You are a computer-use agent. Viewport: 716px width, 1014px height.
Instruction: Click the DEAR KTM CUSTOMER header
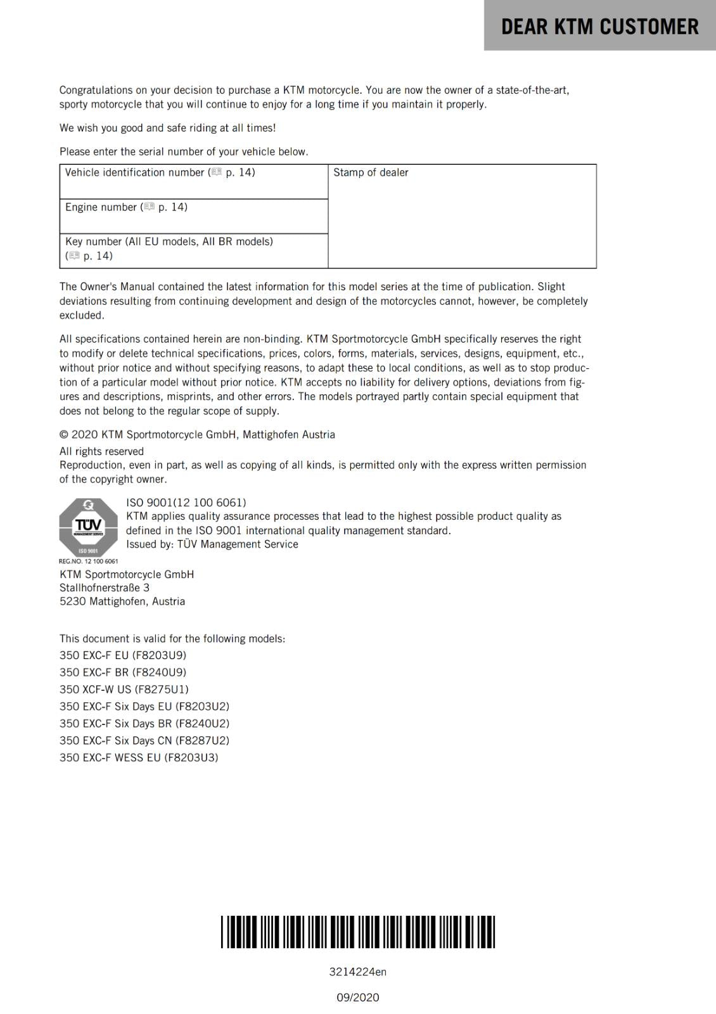click(599, 27)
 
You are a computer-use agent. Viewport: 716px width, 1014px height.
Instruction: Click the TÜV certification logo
click(88, 527)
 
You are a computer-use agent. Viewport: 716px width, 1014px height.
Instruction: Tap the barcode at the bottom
click(358, 932)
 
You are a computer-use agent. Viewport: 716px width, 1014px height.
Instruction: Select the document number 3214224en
click(357, 972)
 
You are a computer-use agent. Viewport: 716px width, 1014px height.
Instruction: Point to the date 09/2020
click(357, 998)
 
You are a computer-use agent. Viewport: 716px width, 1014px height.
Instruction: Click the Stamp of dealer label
click(371, 172)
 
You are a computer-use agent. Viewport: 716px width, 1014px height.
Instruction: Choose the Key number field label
click(169, 241)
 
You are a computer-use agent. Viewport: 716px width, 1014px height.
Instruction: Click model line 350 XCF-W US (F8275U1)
click(124, 689)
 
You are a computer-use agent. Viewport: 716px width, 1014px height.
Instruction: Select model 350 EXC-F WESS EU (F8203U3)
click(139, 757)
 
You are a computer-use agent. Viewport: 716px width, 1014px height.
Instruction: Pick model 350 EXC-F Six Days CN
click(144, 740)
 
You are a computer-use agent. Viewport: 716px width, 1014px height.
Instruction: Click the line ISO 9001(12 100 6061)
click(186, 503)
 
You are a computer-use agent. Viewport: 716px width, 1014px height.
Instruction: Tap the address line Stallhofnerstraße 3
click(105, 587)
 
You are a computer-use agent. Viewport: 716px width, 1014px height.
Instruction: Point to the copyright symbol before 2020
click(64, 435)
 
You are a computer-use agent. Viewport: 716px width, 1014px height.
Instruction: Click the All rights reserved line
click(101, 451)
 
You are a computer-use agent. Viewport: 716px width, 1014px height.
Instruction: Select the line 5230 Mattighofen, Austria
click(122, 601)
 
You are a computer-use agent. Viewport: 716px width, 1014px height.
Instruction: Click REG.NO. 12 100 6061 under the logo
click(88, 561)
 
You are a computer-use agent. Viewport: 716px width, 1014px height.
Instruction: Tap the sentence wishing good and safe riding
click(167, 128)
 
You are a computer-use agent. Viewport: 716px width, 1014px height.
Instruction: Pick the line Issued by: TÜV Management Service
click(212, 544)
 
